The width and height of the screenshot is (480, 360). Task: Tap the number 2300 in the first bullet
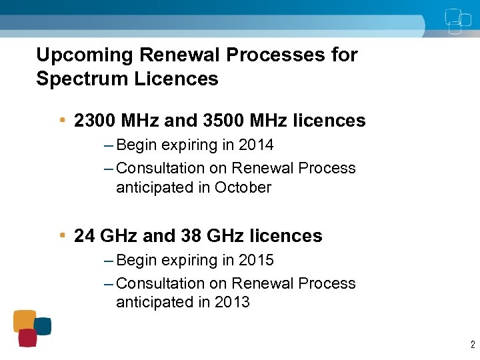pos(94,121)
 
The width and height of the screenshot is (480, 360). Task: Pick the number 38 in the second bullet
pos(192,236)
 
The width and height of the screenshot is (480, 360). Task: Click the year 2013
pos(232,302)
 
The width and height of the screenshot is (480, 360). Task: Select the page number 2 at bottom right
pos(472,345)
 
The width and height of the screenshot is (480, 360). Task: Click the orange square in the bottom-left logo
pos(25,320)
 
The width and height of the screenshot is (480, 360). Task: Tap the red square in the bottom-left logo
pos(27,338)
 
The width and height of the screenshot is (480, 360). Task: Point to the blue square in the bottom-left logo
pos(43,326)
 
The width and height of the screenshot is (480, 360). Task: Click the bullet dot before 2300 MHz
pos(62,120)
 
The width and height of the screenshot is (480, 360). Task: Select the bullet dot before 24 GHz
pos(62,235)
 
